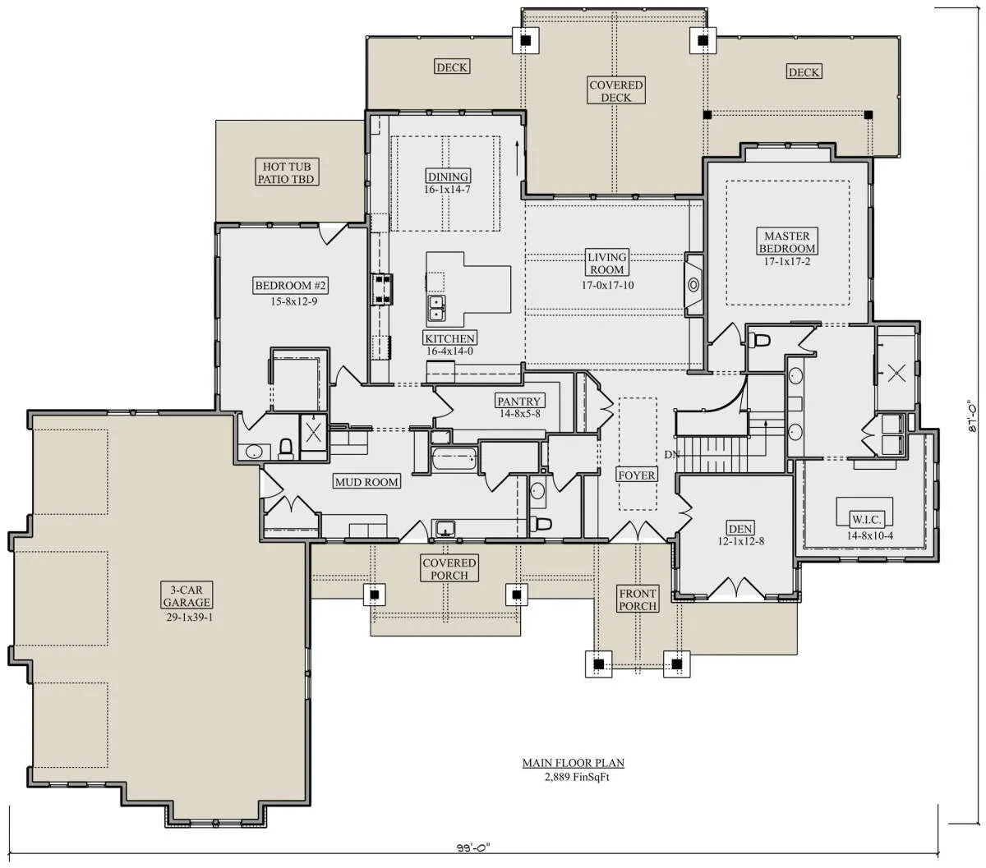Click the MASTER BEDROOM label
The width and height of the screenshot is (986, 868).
(x=786, y=241)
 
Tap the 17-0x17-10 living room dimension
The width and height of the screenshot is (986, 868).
(x=607, y=285)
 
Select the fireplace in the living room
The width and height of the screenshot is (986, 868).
(x=693, y=284)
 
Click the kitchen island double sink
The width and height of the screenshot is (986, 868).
(x=436, y=309)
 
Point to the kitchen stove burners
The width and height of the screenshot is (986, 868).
(x=382, y=289)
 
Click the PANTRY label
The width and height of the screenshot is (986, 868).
(x=518, y=401)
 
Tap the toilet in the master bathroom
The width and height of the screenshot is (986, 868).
(x=758, y=339)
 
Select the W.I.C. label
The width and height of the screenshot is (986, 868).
(x=866, y=519)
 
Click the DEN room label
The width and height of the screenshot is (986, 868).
(x=740, y=528)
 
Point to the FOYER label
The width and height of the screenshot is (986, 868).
(x=636, y=475)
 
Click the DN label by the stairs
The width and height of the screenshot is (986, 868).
(x=671, y=454)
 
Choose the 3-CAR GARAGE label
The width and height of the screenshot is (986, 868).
(x=187, y=595)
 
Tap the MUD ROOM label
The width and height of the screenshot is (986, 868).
(x=366, y=482)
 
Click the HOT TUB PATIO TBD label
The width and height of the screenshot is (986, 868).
(x=286, y=172)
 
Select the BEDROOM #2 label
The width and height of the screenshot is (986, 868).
(x=290, y=285)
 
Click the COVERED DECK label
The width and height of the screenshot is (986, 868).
(x=615, y=91)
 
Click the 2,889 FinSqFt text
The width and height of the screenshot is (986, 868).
(x=577, y=777)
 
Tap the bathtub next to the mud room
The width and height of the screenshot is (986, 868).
(x=454, y=458)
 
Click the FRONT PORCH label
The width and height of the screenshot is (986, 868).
(x=638, y=600)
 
